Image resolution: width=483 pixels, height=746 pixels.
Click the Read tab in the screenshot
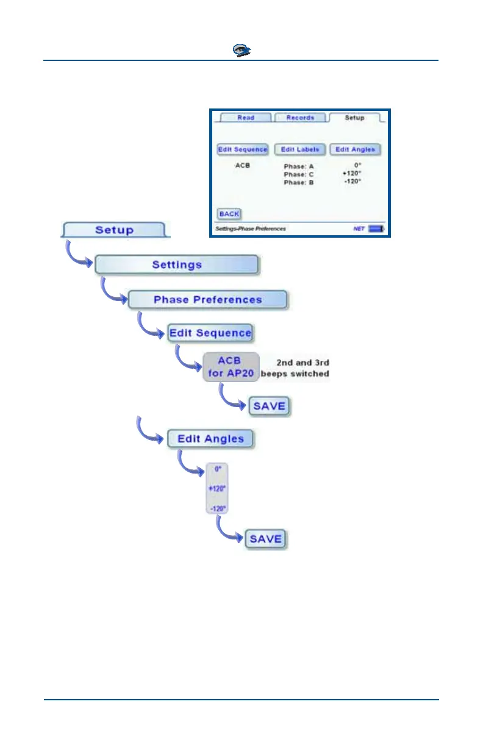pos(246,118)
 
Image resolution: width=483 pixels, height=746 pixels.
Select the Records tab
pos(300,118)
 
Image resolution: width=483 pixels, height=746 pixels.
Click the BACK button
pos(229,214)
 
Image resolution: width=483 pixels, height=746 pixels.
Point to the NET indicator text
pos(359,229)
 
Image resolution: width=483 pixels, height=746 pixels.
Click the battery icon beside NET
pos(377,229)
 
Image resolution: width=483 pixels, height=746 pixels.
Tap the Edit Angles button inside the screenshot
pos(355,149)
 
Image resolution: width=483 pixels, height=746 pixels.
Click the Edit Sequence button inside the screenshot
pos(243,149)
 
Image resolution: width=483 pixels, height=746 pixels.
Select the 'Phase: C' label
pos(299,174)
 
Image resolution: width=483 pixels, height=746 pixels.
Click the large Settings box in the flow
pos(177,265)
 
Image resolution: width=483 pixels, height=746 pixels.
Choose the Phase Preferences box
pos(207,300)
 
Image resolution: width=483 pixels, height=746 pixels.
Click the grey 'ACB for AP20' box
pos(231,367)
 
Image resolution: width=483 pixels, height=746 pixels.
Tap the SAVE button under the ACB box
pos(269,405)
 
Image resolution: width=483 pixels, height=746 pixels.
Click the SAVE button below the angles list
pos(265,539)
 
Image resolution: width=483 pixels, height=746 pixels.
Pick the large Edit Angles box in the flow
pos(210,439)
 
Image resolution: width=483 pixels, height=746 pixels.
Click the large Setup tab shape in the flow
pos(114,230)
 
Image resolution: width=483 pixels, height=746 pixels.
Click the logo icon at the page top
pos(241,51)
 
